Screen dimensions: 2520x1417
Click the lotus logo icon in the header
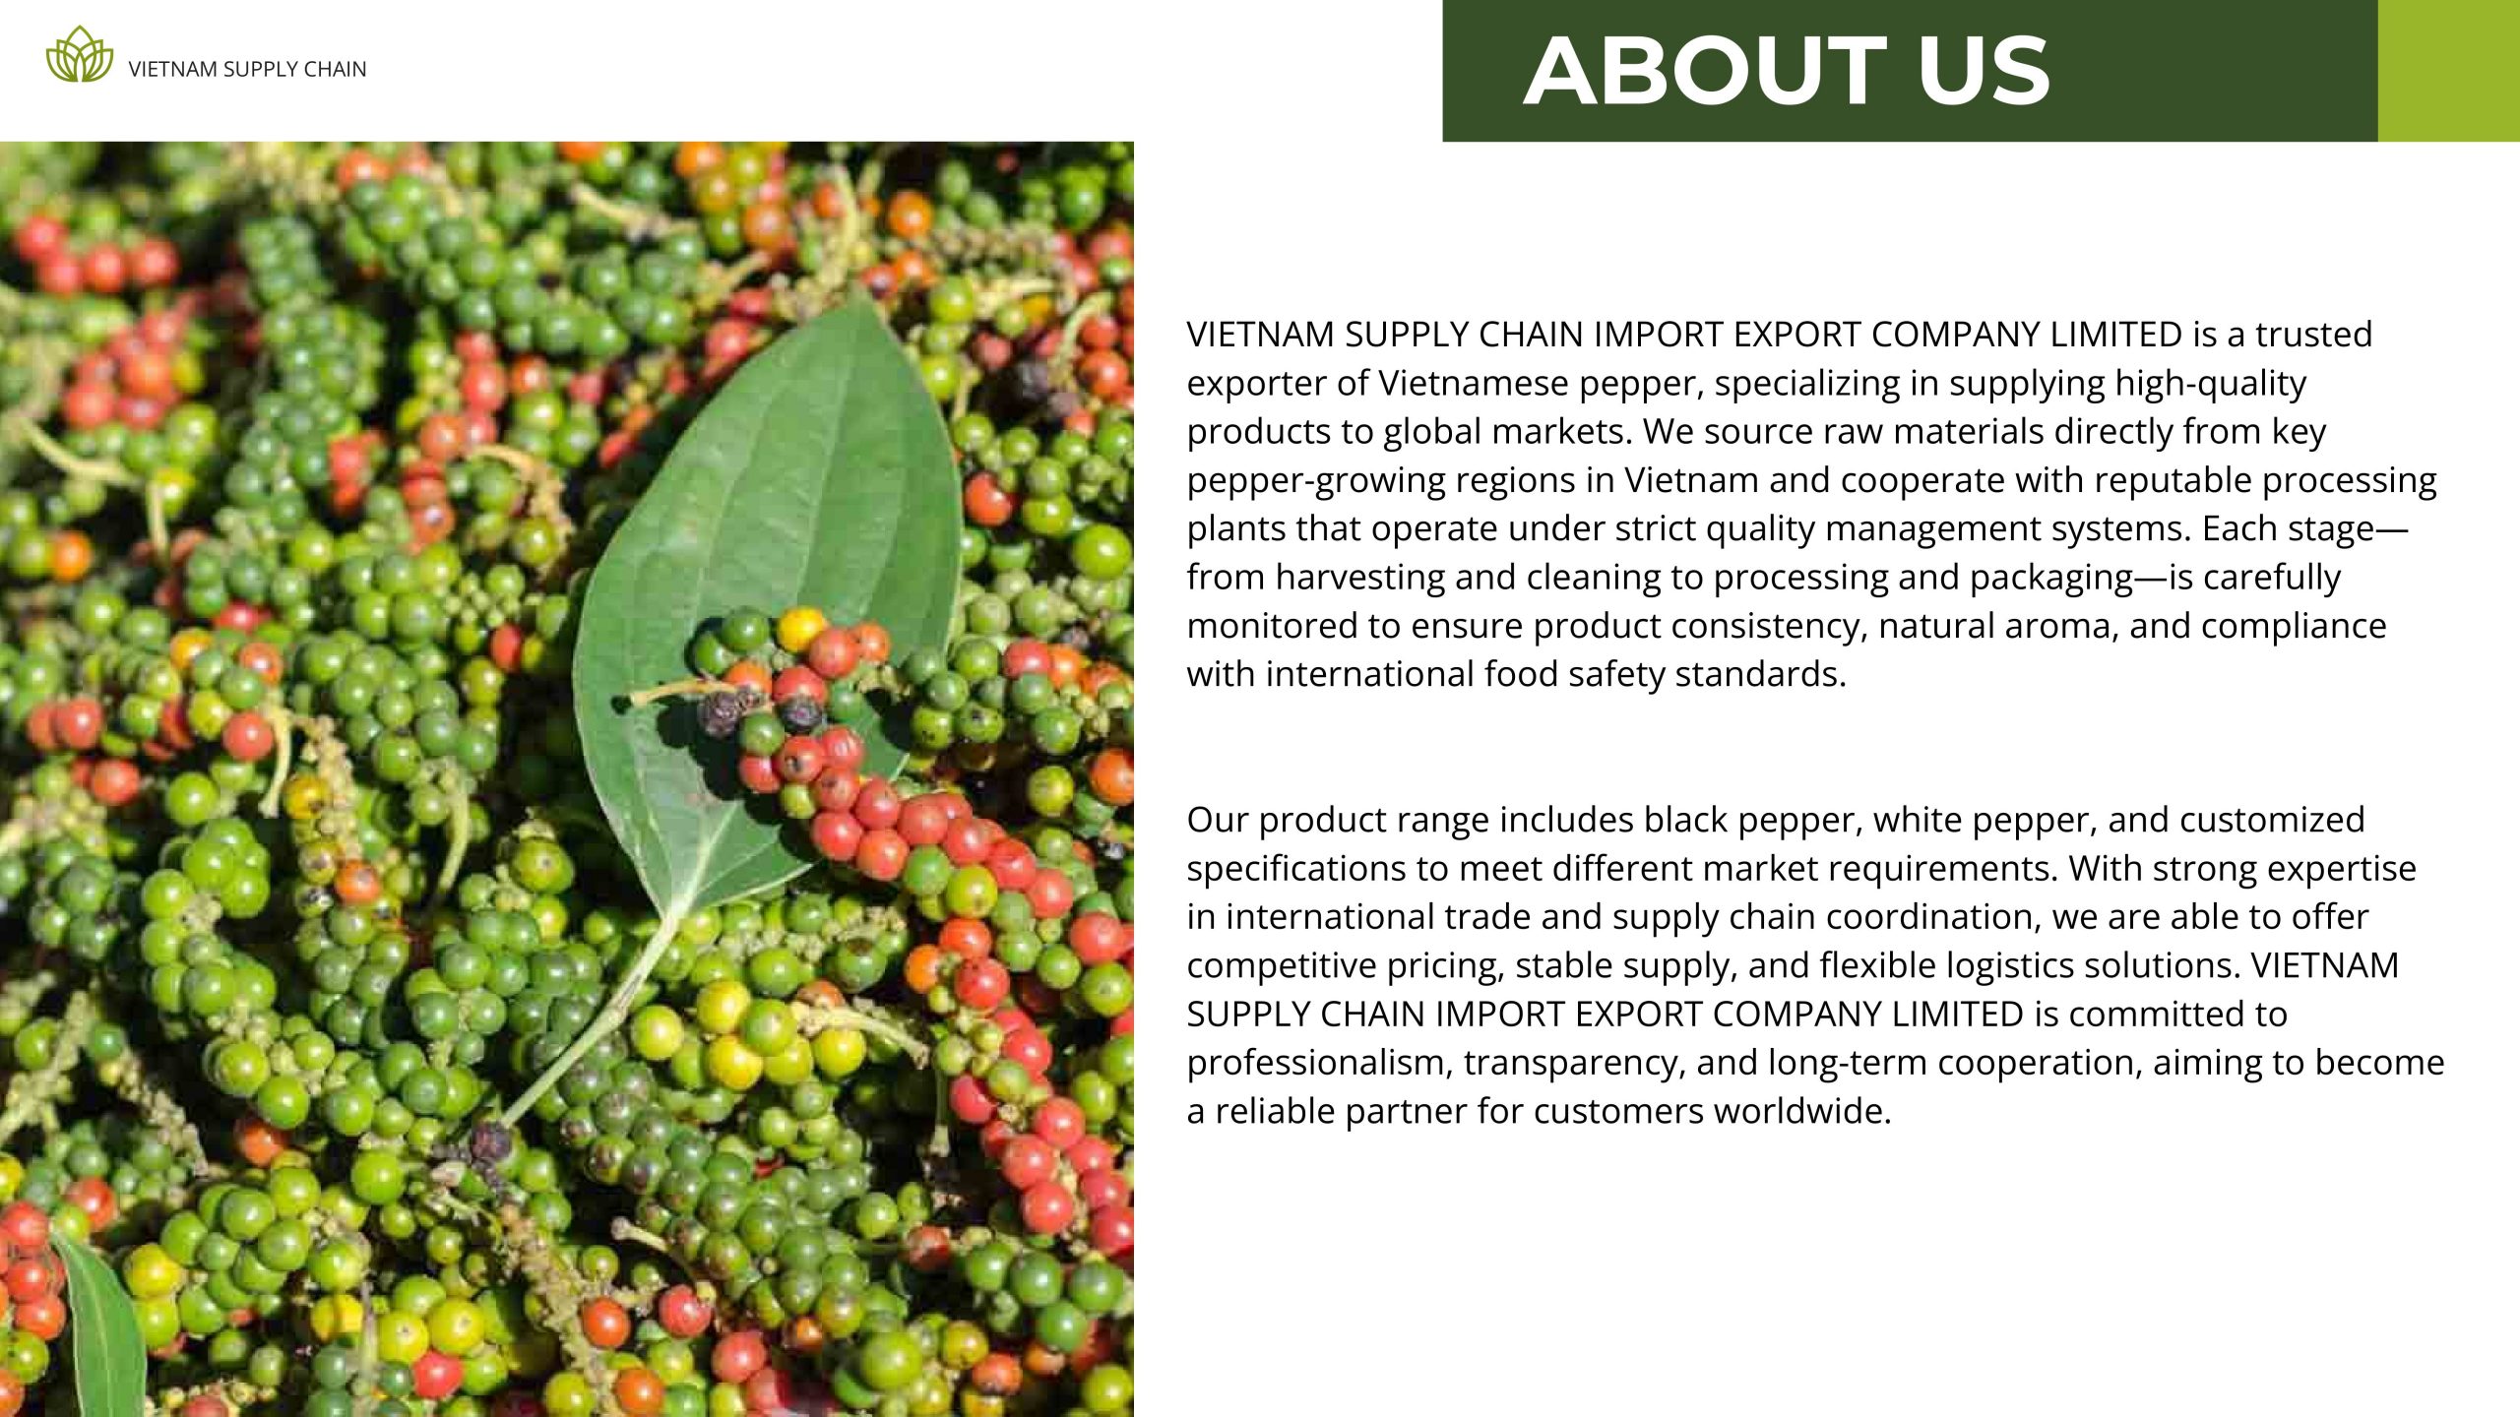[80, 55]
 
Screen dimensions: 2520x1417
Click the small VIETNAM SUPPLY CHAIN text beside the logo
[247, 69]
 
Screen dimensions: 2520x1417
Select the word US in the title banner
[1984, 71]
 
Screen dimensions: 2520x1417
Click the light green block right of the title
[2449, 71]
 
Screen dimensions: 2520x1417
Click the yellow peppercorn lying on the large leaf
[801, 627]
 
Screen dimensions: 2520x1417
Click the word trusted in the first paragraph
[2313, 335]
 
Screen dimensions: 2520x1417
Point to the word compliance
[2294, 627]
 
